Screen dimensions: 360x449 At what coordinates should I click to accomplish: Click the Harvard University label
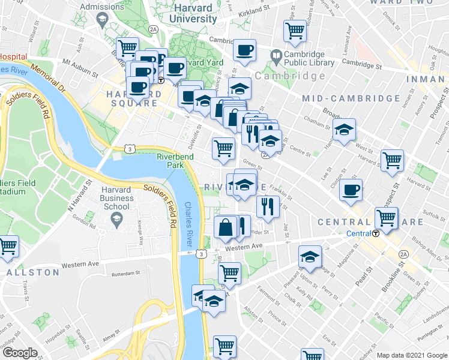point(194,13)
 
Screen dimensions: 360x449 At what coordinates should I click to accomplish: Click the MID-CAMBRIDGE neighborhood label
point(351,98)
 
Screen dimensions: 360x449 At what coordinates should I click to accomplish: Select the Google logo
point(20,353)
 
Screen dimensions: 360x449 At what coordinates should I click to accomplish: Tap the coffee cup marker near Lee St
point(351,191)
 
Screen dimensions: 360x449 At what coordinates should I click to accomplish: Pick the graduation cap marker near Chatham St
point(344,130)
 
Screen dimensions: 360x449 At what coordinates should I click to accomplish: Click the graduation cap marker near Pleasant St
point(309,257)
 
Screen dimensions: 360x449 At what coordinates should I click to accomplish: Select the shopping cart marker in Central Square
point(386,218)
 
